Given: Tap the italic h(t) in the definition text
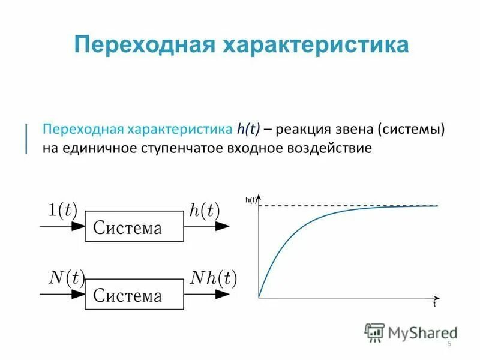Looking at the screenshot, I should pos(247,130).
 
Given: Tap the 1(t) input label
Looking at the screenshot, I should pos(62,209).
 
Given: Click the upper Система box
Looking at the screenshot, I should pos(134,226).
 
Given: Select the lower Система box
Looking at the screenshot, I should pos(134,294).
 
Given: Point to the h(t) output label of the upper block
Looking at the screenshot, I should pos(205,209).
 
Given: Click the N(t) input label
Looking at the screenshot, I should pos(65,277).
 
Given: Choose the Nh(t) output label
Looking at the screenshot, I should pos(214,277).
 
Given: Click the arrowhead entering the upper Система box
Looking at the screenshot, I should pos(79,226).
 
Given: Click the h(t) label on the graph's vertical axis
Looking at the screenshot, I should pos(251,200).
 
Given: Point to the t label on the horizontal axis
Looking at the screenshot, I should pos(434,305).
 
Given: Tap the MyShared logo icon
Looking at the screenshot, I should pos(374,331).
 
